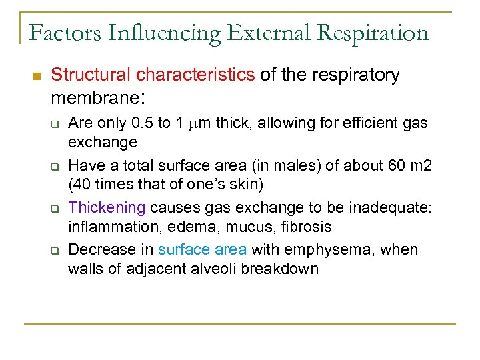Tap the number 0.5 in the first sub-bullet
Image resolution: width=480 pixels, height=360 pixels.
143,123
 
